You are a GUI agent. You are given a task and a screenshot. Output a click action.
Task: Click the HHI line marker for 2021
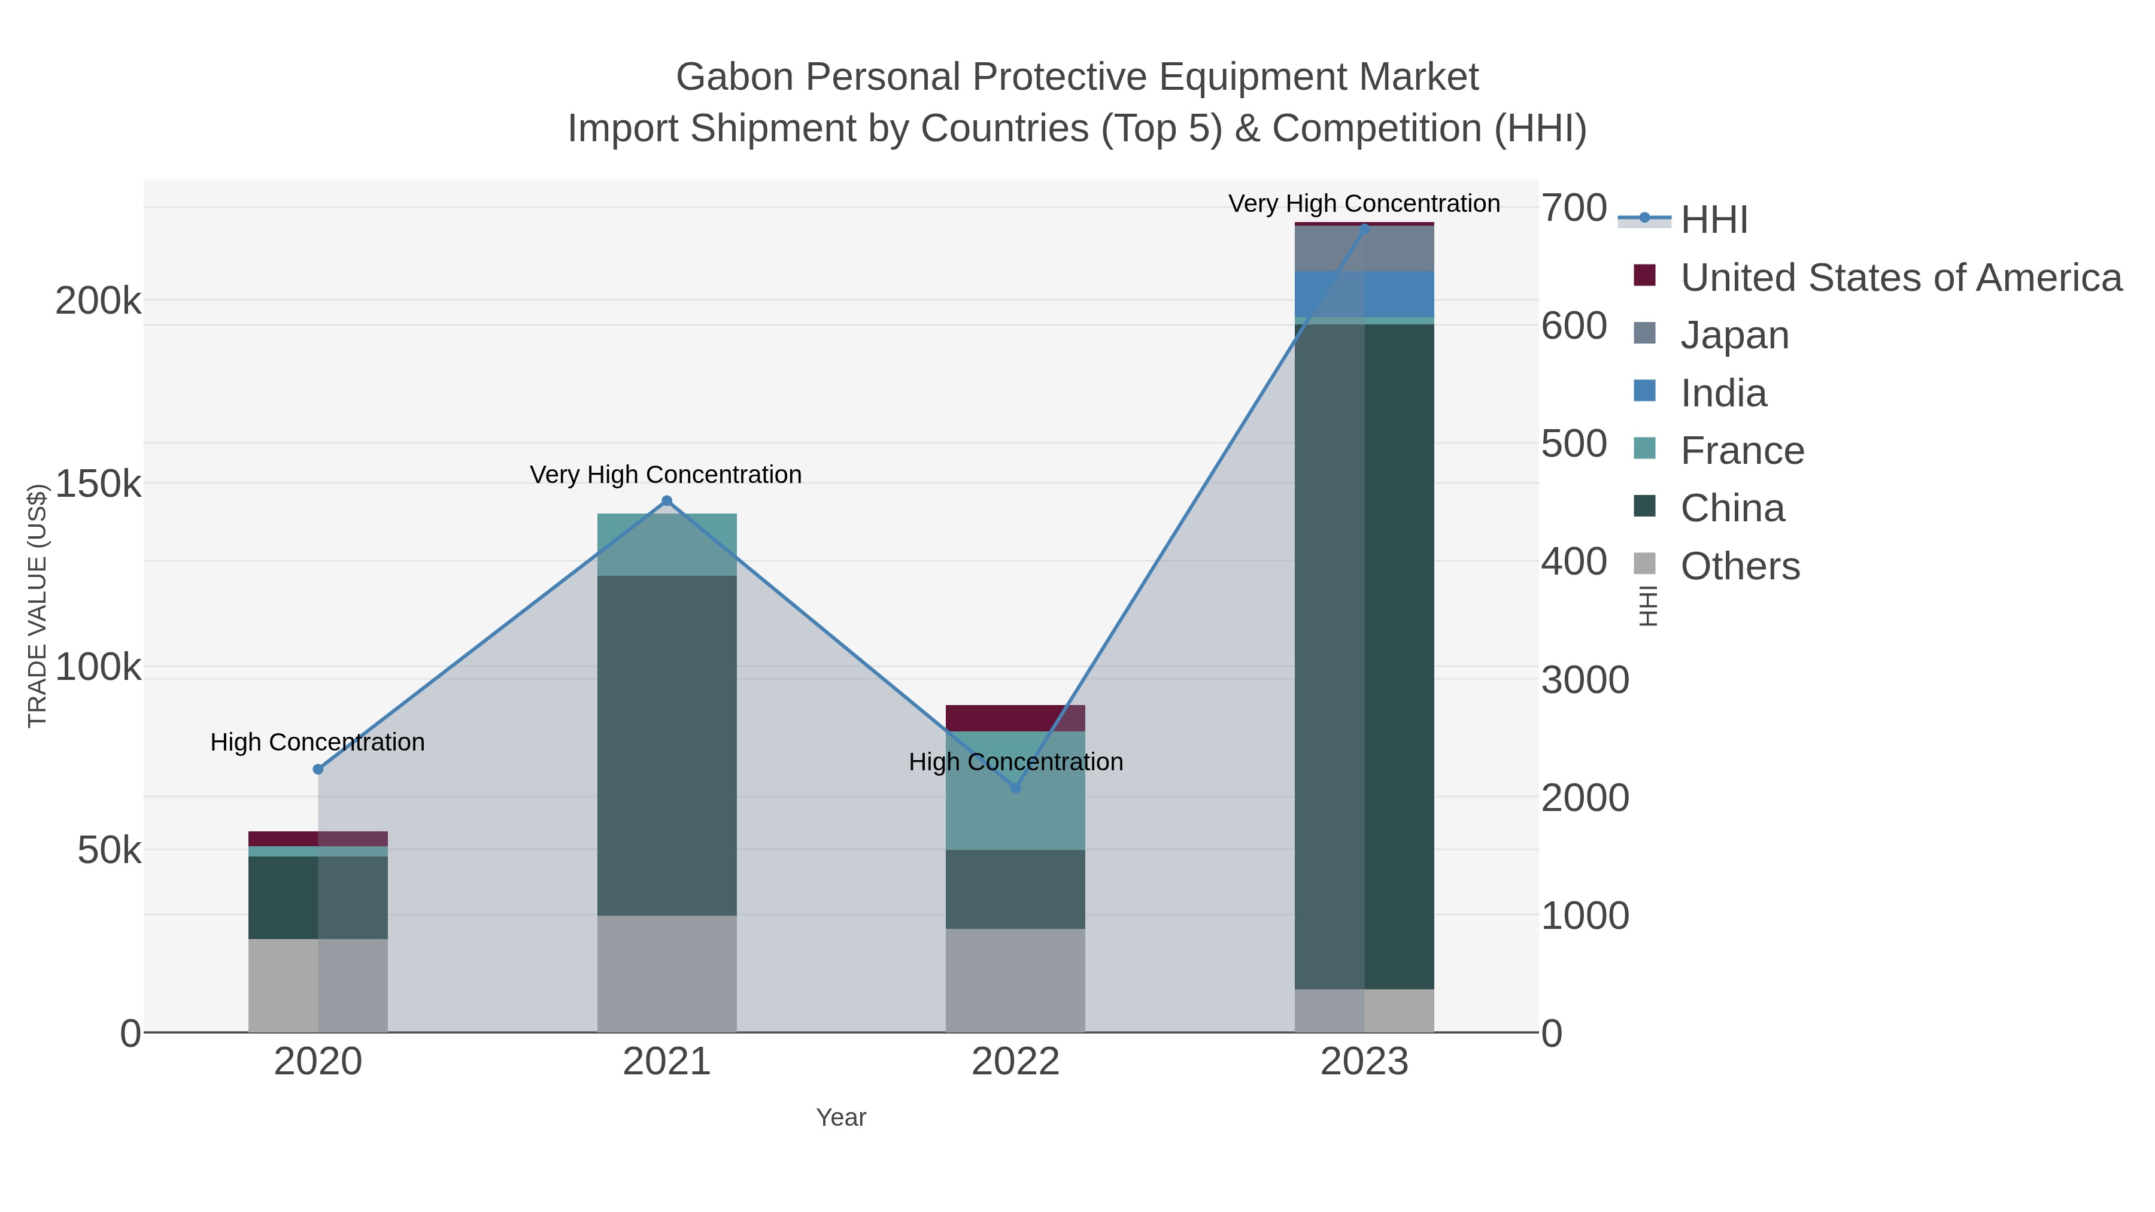(x=667, y=501)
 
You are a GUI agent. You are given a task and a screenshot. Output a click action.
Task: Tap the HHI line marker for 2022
(x=1016, y=788)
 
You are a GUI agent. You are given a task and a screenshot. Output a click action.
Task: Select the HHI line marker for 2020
(x=318, y=768)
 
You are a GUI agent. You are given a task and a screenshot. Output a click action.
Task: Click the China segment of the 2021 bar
(x=667, y=745)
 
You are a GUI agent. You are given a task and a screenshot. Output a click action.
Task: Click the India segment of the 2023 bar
(x=1364, y=294)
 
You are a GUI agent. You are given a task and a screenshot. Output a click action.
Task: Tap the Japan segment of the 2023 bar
(x=1364, y=248)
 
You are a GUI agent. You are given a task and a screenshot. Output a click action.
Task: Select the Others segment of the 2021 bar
(x=667, y=974)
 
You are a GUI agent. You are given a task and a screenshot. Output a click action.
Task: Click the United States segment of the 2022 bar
(x=1016, y=718)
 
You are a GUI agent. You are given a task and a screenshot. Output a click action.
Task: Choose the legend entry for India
(x=1723, y=393)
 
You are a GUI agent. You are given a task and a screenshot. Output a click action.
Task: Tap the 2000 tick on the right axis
(x=1585, y=797)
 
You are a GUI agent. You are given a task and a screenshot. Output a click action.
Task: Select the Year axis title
(x=841, y=1117)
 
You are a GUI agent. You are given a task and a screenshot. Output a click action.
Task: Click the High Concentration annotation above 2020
(x=318, y=742)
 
